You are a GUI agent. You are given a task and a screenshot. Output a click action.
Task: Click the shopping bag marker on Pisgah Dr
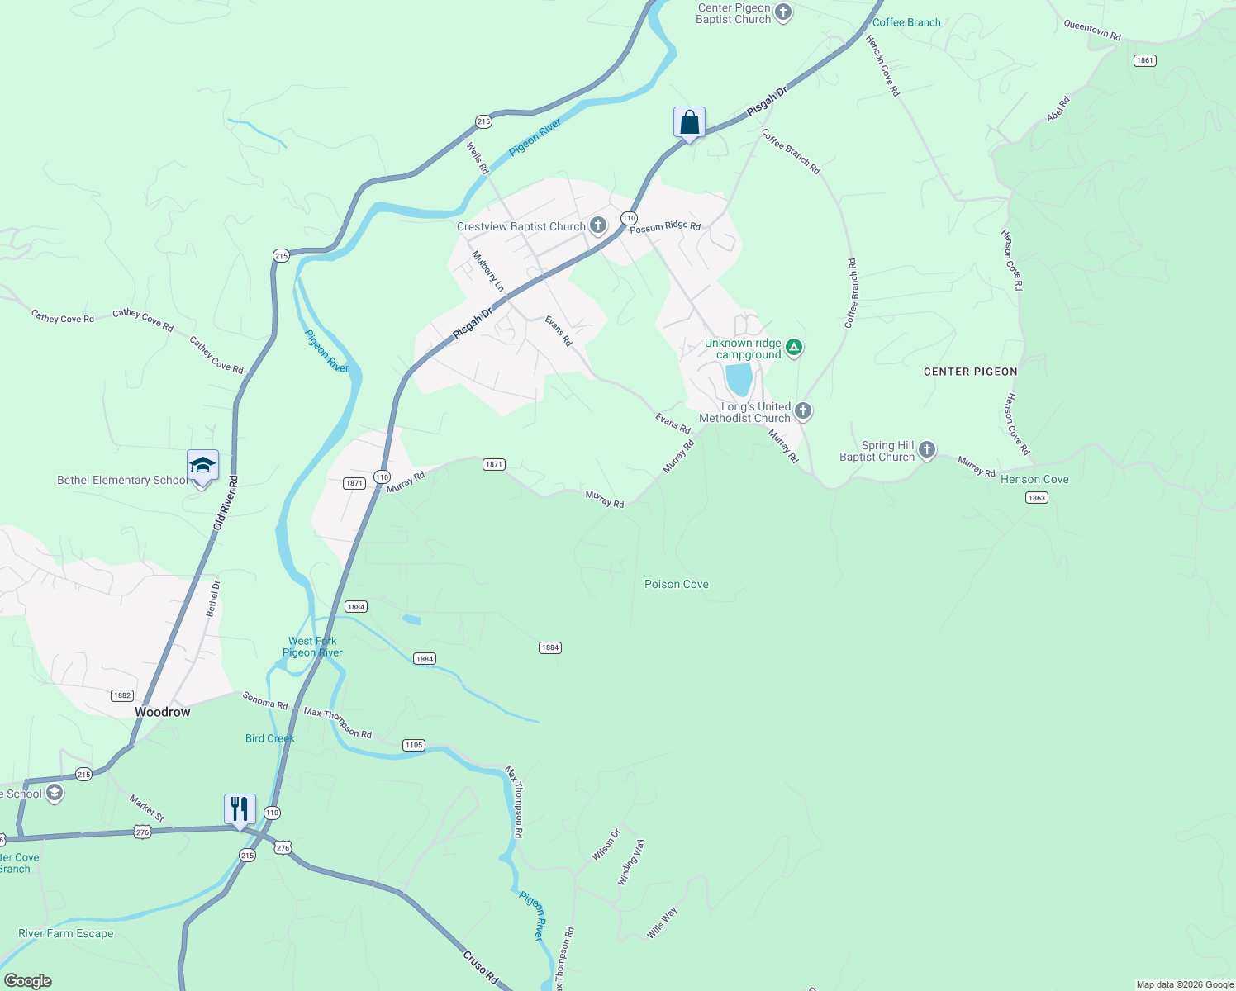[689, 123]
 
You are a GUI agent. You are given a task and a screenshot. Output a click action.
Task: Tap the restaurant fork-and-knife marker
[240, 808]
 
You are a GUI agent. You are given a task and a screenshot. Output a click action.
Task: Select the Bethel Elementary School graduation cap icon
[202, 467]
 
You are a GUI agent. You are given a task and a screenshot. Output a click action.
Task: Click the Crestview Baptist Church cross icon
[598, 225]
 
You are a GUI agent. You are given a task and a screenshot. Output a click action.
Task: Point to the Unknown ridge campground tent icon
[794, 347]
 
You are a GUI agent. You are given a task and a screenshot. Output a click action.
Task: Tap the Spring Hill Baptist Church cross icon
[927, 450]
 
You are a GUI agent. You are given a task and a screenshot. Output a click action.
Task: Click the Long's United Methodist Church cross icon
[802, 411]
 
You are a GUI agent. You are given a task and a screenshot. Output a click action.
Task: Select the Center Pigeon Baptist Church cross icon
[783, 12]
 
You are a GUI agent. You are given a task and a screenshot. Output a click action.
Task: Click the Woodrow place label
[163, 712]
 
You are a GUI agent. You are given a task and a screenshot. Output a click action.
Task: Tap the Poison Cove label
[677, 584]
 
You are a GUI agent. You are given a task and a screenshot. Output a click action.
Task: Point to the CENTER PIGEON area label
[970, 372]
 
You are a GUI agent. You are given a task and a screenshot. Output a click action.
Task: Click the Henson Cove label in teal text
[1034, 479]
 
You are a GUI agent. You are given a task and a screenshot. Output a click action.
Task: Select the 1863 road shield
[1036, 497]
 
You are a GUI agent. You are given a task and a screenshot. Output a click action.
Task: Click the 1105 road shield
[414, 745]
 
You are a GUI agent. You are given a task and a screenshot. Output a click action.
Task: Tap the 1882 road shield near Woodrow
[121, 695]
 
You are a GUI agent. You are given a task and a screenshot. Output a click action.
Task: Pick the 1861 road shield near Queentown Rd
[1144, 60]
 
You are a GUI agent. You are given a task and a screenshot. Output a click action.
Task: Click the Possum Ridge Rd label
[665, 227]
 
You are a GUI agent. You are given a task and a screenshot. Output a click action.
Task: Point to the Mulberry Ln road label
[487, 271]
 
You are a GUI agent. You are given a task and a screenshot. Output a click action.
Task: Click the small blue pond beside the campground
[739, 380]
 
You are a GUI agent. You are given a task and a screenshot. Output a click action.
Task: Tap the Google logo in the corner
[28, 981]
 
